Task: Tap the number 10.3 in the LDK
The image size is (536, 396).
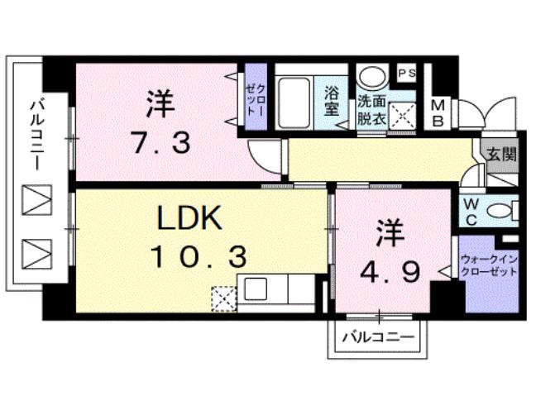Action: [x=198, y=258]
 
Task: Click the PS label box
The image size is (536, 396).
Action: [x=408, y=74]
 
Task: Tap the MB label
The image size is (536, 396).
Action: [x=439, y=113]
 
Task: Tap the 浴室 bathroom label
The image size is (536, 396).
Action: [x=332, y=100]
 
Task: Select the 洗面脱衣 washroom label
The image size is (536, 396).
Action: [x=371, y=111]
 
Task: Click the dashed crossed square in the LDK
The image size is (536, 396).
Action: [x=224, y=297]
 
